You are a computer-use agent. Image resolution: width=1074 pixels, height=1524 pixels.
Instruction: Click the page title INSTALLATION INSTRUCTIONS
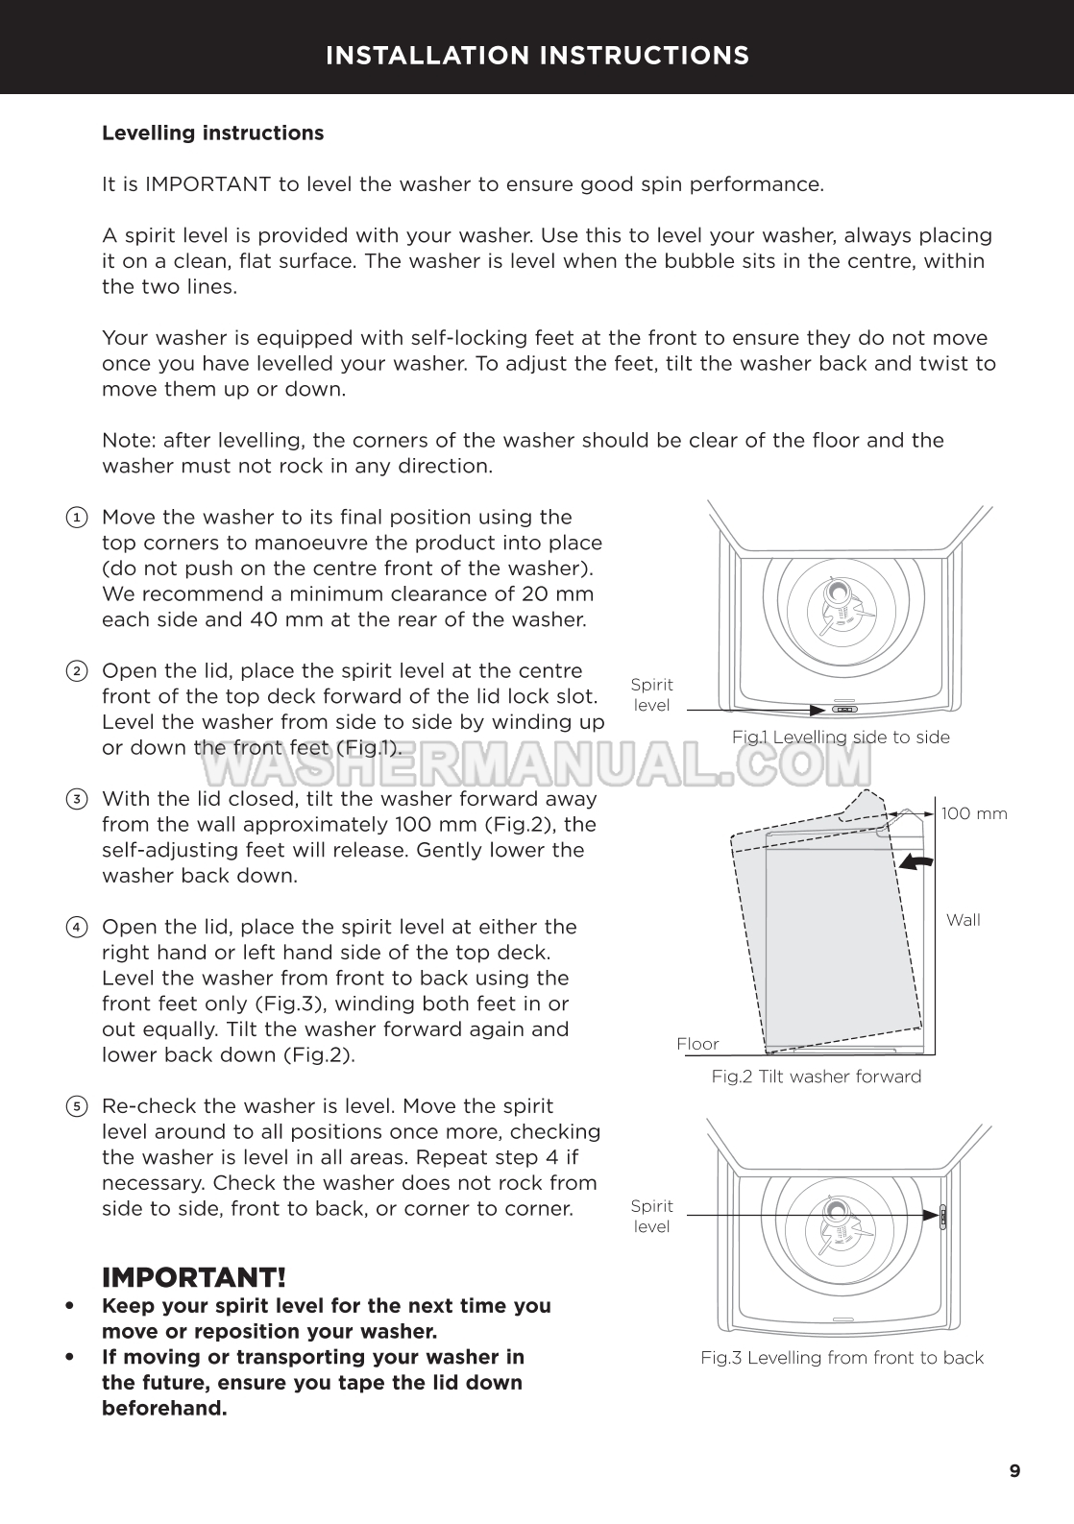pyautogui.click(x=537, y=56)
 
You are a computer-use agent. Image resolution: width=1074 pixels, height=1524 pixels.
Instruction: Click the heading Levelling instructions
pyautogui.click(x=212, y=133)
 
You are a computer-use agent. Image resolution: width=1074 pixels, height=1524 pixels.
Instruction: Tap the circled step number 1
pyautogui.click(x=77, y=518)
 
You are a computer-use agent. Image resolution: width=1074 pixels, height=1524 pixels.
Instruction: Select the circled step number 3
pyautogui.click(x=77, y=799)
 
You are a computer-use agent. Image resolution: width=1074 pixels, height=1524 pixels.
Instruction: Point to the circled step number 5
pyautogui.click(x=77, y=1106)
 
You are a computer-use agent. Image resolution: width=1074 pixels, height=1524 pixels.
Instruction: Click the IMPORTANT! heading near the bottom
pyautogui.click(x=194, y=1277)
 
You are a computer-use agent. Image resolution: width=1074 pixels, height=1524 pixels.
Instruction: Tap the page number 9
pyautogui.click(x=1015, y=1471)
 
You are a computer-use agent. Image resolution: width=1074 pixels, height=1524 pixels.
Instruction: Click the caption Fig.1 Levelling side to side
pyautogui.click(x=841, y=738)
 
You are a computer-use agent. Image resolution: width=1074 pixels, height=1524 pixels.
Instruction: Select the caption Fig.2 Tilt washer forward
pyautogui.click(x=816, y=1076)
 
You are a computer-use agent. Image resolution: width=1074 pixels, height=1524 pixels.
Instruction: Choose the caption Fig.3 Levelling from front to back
pyautogui.click(x=842, y=1358)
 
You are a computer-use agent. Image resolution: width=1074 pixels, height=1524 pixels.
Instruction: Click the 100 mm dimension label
pyautogui.click(x=974, y=814)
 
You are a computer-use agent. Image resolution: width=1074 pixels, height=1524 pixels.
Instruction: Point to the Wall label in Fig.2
pyautogui.click(x=963, y=920)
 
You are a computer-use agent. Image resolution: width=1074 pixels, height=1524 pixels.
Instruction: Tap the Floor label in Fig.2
pyautogui.click(x=697, y=1044)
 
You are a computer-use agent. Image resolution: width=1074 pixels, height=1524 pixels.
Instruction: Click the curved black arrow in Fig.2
pyautogui.click(x=915, y=862)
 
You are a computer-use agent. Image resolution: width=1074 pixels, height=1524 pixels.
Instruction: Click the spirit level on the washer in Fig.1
pyautogui.click(x=844, y=711)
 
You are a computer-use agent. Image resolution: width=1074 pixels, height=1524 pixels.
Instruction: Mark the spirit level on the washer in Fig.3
pyautogui.click(x=943, y=1216)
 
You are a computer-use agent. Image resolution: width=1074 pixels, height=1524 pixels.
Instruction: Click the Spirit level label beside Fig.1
pyautogui.click(x=651, y=695)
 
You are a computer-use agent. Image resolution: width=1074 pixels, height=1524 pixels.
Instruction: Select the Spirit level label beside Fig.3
pyautogui.click(x=651, y=1217)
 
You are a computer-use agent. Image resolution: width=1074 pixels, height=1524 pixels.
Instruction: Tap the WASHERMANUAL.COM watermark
pyautogui.click(x=536, y=766)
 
